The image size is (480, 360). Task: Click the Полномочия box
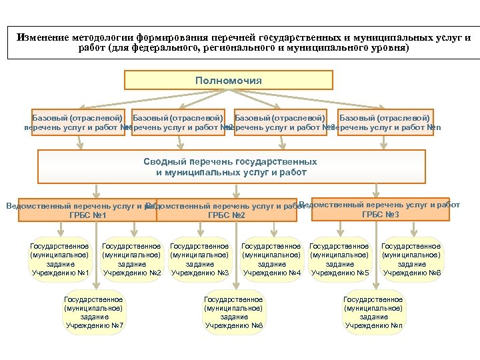pyautogui.click(x=229, y=81)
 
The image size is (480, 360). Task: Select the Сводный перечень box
pyautogui.click(x=231, y=167)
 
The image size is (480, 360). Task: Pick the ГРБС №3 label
pyautogui.click(x=380, y=214)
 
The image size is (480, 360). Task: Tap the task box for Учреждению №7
pyautogui.click(x=93, y=313)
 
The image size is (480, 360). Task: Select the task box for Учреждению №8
pyautogui.click(x=233, y=313)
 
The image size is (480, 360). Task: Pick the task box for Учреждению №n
pyautogui.click(x=373, y=313)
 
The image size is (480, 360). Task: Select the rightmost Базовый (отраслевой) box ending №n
pyautogui.click(x=385, y=123)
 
